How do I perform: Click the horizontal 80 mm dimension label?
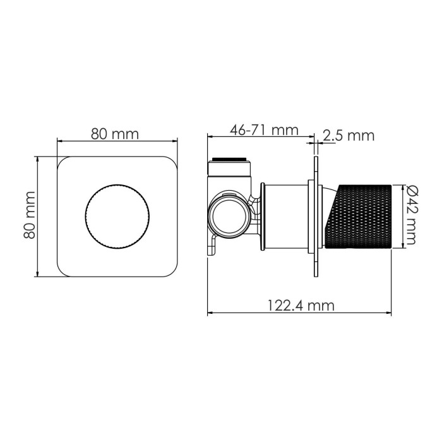click(x=115, y=133)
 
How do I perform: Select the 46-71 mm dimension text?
click(x=264, y=130)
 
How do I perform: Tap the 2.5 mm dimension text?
click(x=349, y=135)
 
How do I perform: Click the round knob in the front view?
click(x=117, y=216)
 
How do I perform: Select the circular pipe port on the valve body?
click(x=227, y=215)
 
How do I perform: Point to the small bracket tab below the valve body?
click(x=213, y=246)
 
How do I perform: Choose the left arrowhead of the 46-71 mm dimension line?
click(x=211, y=136)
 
